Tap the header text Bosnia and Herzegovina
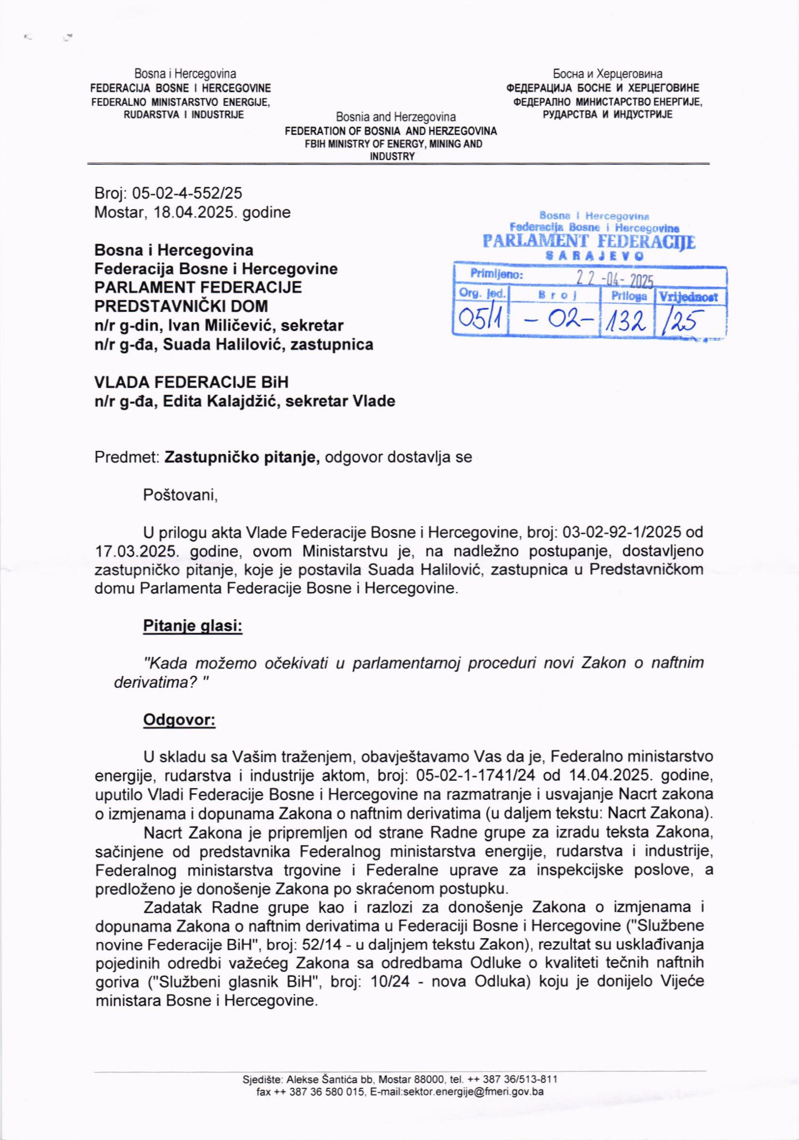point(395,118)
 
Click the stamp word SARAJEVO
point(594,256)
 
